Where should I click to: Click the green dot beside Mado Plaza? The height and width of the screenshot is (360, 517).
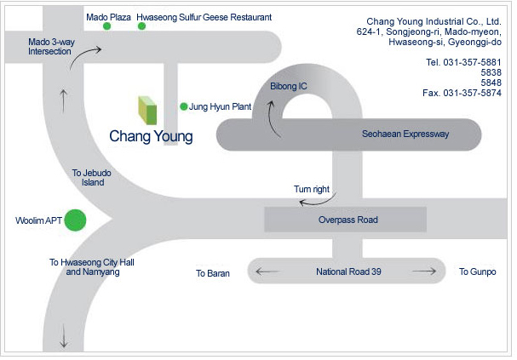pyautogui.click(x=107, y=26)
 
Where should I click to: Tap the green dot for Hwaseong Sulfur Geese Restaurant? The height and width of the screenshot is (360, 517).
pyautogui.click(x=141, y=26)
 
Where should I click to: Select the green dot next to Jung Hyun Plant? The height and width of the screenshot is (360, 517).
pyautogui.click(x=183, y=106)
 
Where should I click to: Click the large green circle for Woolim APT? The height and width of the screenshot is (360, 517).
pyautogui.click(x=76, y=220)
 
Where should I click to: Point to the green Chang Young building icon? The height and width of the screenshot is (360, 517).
pyautogui.click(x=147, y=111)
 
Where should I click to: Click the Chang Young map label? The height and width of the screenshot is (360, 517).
pyautogui.click(x=151, y=136)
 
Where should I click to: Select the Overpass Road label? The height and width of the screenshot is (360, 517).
pyautogui.click(x=348, y=220)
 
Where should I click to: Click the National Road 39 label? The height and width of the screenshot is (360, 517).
pyautogui.click(x=348, y=272)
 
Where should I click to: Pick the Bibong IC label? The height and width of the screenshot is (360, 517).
pyautogui.click(x=287, y=87)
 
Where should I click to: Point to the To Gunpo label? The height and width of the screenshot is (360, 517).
pyautogui.click(x=477, y=272)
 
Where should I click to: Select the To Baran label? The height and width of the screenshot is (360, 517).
pyautogui.click(x=213, y=273)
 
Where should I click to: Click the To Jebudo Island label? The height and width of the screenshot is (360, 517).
pyautogui.click(x=93, y=178)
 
